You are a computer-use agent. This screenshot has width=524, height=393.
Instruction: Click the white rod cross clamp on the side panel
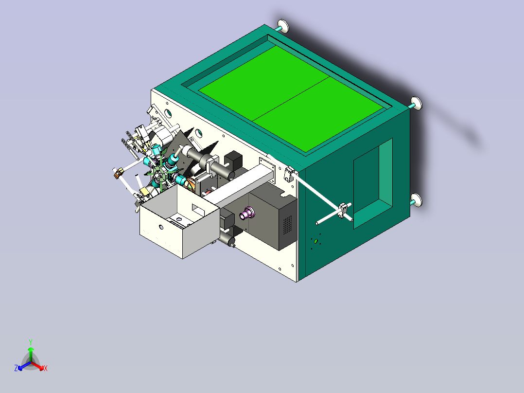tap(344, 210)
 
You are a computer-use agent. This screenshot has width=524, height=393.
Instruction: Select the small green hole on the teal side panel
tap(316, 241)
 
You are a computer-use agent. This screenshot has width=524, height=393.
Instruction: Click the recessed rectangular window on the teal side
tap(373, 183)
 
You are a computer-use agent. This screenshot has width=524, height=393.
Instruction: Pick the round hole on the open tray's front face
tap(161, 227)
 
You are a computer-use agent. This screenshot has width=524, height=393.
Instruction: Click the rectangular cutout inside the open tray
tap(198, 210)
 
